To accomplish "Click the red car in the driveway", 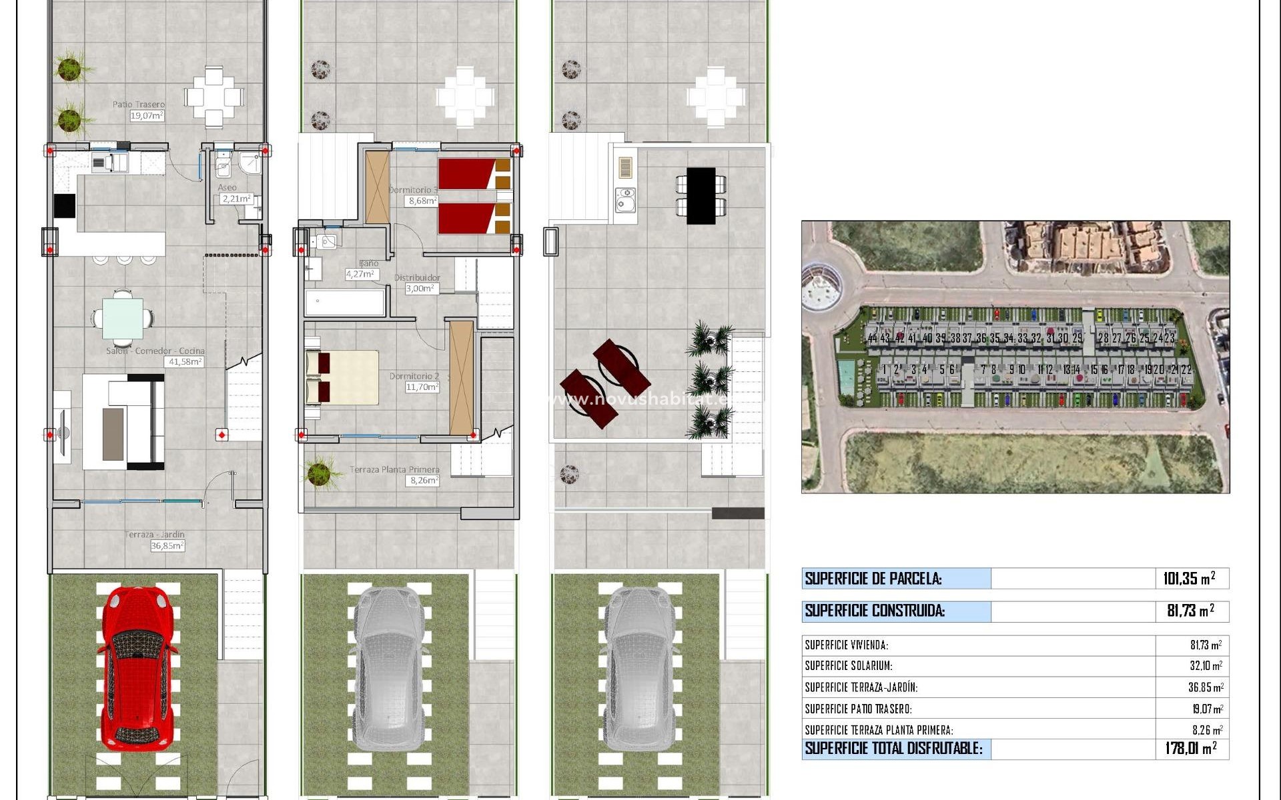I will tap(139, 673).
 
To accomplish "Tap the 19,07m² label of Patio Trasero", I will tap(147, 115).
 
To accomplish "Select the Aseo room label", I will tap(227, 189).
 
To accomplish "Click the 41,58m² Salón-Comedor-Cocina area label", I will tap(184, 362).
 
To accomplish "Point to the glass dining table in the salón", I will tap(123, 318).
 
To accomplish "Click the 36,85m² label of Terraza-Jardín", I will tap(167, 545).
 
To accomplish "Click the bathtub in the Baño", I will tap(345, 303).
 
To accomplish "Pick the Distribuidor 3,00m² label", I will tap(420, 288).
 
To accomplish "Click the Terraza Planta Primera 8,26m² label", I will tap(424, 480).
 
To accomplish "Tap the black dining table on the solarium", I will tap(701, 195).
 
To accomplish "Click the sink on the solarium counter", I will tap(625, 199).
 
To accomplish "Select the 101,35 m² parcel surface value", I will tap(1189, 579).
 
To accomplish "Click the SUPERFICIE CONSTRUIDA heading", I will tap(875, 611).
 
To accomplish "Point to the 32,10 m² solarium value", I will tap(1206, 666).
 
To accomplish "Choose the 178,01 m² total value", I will tap(1191, 749).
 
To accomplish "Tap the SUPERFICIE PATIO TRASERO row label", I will tap(858, 709).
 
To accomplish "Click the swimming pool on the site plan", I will tap(846, 377).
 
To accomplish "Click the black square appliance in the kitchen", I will tap(65, 205).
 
